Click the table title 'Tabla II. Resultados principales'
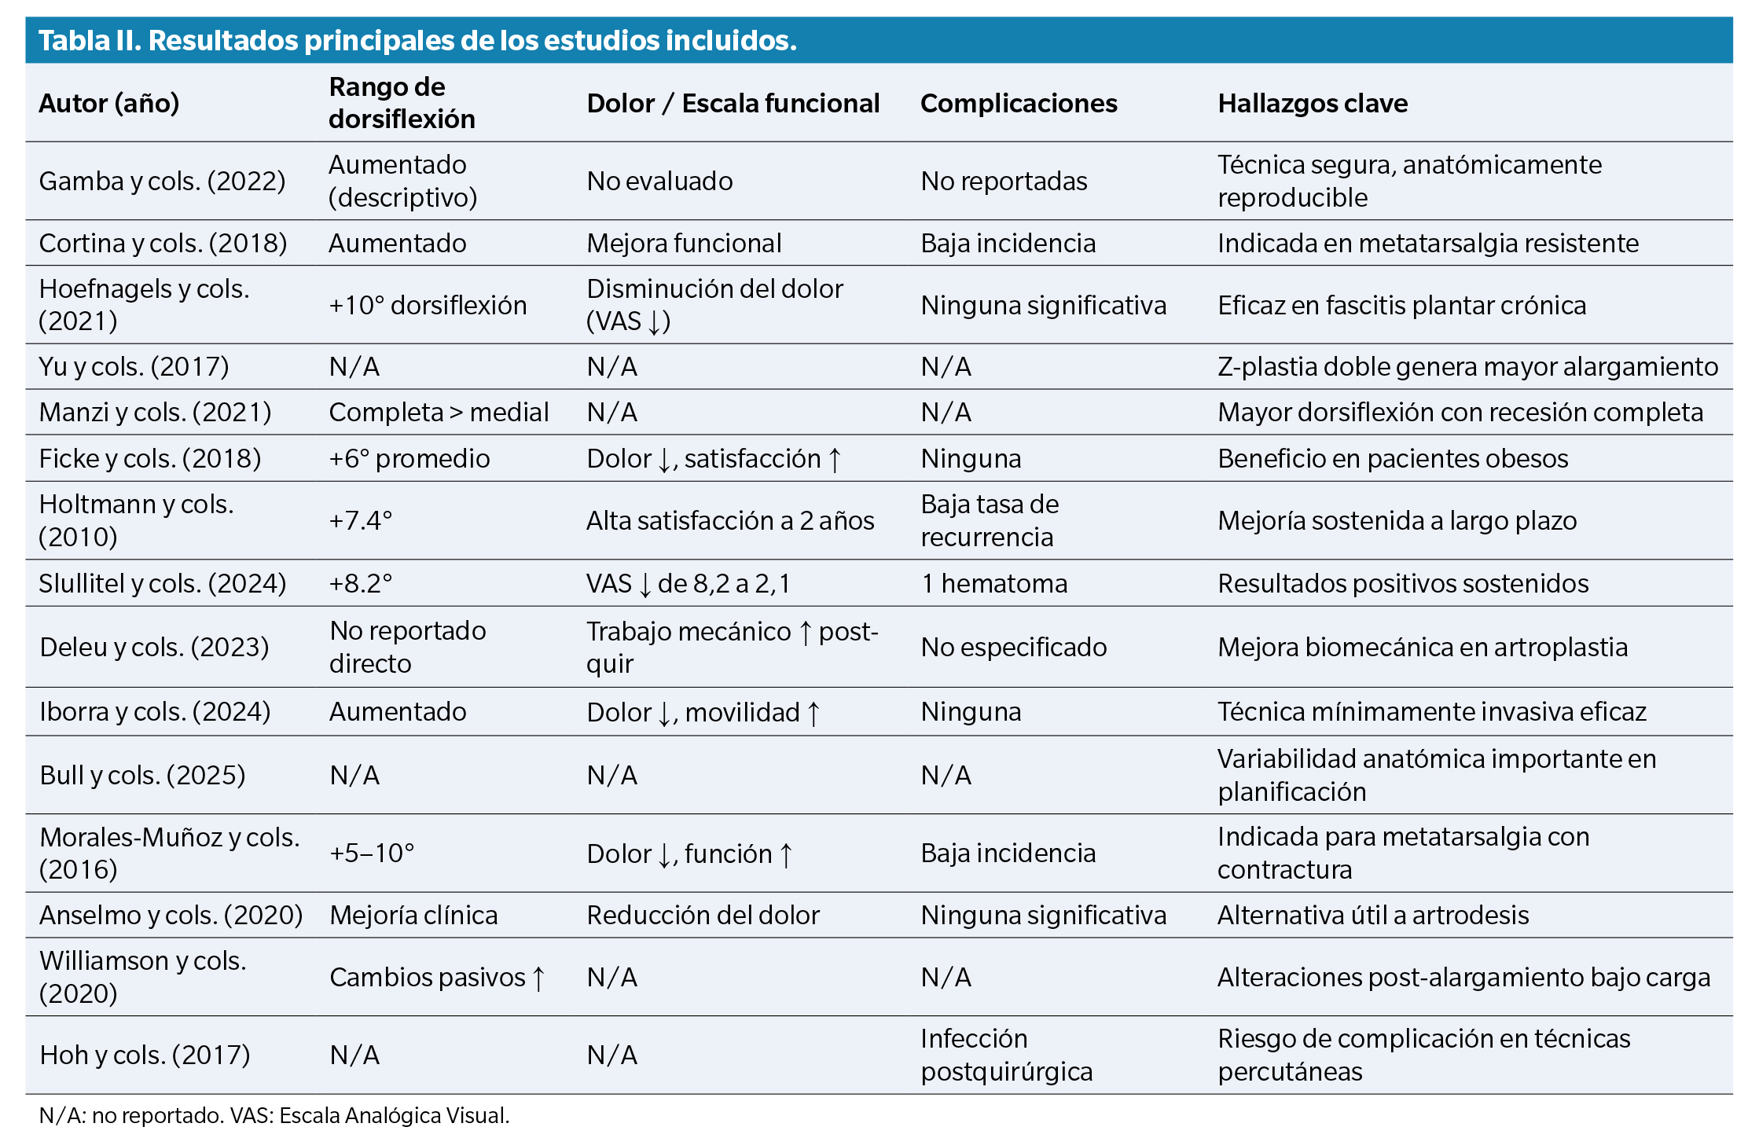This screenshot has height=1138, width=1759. pos(417,41)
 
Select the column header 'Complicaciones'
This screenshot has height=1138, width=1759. pos(1019,103)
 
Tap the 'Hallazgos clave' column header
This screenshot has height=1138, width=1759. pos(1313,103)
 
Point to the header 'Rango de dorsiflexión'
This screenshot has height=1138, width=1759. pos(402,103)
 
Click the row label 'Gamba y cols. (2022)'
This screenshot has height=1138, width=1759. pos(162,181)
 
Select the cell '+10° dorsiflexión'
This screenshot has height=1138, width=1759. pos(428,305)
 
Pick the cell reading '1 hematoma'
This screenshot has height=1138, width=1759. pos(994,583)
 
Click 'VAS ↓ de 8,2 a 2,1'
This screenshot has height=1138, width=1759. pos(689,583)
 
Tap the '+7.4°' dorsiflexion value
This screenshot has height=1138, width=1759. pos(361,520)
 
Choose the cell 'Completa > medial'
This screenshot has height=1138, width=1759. pos(439,412)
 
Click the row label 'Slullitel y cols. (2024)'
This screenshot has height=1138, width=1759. pos(163,583)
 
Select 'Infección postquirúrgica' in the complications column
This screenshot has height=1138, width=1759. pos(1006,1055)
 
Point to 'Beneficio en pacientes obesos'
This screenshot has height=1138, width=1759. pos(1393,458)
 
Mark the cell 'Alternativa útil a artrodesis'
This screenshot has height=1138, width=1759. pos(1373,915)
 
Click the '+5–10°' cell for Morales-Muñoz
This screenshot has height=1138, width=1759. pos(372,853)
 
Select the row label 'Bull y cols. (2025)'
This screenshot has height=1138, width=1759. pos(142,775)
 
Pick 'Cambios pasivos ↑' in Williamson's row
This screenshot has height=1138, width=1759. pos(437,977)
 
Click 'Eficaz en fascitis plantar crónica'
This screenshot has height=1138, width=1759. pos(1401,305)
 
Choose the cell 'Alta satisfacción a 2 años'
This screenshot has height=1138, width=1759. pos(730,520)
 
